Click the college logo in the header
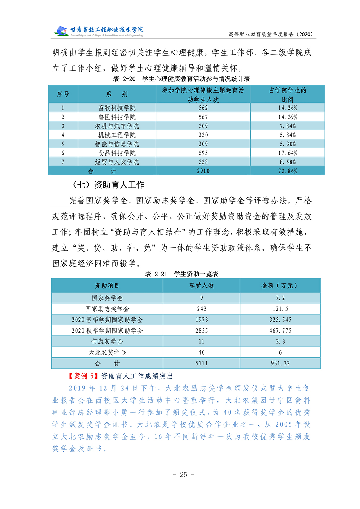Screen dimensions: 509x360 point(98,31)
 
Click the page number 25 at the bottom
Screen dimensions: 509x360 point(184,474)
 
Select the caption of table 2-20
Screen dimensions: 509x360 point(182,79)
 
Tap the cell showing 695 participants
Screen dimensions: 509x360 point(203,153)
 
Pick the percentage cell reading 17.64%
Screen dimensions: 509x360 point(288,153)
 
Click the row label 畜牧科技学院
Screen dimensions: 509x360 point(117,108)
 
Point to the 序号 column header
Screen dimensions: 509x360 point(63,94)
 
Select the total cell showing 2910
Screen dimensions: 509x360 point(203,171)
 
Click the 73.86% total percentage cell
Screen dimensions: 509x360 point(288,171)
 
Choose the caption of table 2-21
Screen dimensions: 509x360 point(182,274)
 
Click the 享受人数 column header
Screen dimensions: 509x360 point(202,285)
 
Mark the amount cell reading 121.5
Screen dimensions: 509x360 point(280,309)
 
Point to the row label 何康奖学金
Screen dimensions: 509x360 point(107,342)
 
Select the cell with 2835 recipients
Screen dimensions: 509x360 point(202,330)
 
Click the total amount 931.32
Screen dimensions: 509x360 point(280,363)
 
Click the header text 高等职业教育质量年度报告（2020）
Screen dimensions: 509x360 point(272,34)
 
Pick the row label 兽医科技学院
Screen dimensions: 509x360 point(117,117)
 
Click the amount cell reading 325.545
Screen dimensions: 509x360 point(280,320)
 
